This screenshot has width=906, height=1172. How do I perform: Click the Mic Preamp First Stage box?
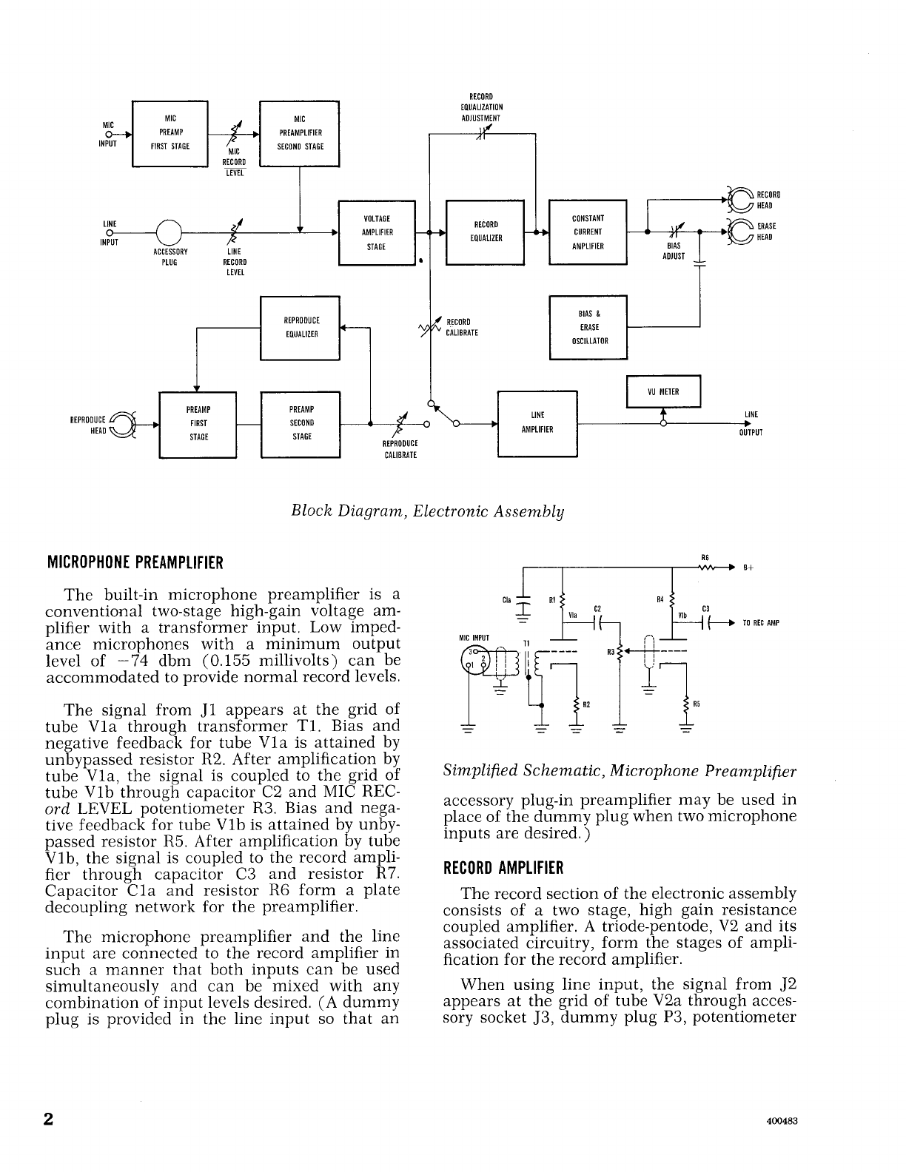click(x=170, y=132)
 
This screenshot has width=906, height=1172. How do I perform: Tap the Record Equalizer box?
click(x=485, y=232)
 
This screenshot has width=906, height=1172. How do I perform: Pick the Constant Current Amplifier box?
click(x=588, y=232)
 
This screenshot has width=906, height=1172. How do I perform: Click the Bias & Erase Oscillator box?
click(x=588, y=327)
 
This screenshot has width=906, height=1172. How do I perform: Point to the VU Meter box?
click(x=662, y=392)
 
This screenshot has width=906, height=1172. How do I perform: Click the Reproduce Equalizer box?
click(x=300, y=327)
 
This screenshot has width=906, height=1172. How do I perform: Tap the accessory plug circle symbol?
click(x=169, y=232)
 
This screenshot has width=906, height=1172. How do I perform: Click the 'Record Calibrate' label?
click(x=462, y=327)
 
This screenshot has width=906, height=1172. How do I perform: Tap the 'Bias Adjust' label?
click(x=674, y=251)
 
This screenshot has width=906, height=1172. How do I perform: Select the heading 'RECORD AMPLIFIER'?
click(x=503, y=867)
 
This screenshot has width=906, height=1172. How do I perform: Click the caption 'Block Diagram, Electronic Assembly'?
click(x=428, y=511)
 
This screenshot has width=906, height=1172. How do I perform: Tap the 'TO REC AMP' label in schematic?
click(x=761, y=623)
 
